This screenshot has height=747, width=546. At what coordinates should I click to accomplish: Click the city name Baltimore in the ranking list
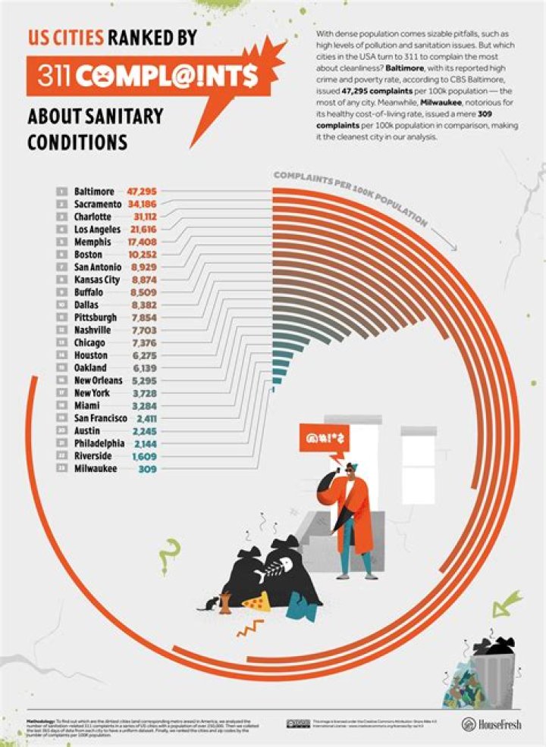point(94,192)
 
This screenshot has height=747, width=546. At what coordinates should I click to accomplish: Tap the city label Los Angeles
point(97,230)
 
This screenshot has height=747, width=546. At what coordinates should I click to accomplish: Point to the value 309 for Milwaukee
point(149,469)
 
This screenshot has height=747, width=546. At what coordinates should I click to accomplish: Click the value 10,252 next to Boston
point(142,255)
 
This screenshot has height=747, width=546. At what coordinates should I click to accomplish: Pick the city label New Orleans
point(99,380)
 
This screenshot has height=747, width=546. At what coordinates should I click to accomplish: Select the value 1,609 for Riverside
point(145,456)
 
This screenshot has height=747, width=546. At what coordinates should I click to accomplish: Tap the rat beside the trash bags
point(207,604)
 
